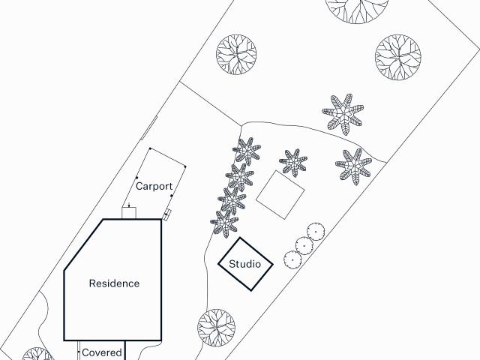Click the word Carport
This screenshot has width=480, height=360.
154,186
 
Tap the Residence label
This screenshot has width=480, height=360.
114,283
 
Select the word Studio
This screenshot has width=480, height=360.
245,264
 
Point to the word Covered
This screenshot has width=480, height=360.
102,352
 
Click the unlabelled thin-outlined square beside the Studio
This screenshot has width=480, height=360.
280,195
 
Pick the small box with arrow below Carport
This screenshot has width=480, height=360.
129,213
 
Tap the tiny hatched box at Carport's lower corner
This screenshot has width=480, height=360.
166,215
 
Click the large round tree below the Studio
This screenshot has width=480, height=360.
217,328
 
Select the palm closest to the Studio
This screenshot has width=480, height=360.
224,223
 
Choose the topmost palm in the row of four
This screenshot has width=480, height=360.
247,151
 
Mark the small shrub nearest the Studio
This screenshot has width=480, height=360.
292,260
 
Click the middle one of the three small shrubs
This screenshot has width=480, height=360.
304,246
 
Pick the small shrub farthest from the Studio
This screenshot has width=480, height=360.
316,232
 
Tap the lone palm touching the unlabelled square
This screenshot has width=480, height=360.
293,163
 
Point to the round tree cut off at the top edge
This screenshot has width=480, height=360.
357,9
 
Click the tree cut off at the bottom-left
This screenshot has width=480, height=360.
38,354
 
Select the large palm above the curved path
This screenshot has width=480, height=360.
343,115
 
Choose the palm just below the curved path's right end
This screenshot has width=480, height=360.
354,166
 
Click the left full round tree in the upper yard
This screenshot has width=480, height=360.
236,55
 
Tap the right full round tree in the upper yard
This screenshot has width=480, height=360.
398,57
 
